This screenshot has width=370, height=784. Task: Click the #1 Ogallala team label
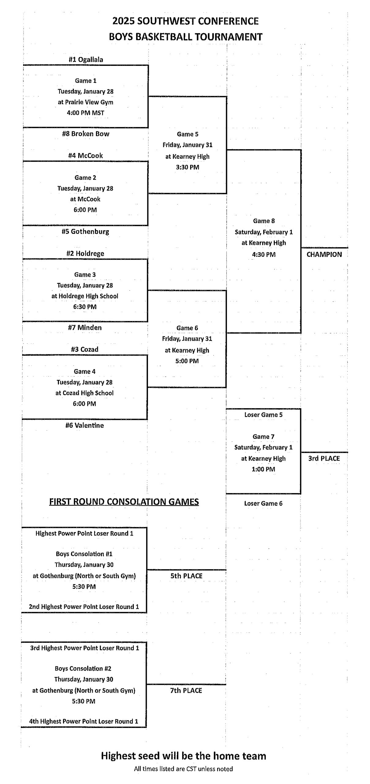(x=86, y=59)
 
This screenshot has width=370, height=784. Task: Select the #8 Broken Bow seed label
(x=86, y=134)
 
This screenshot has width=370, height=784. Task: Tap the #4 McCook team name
(x=85, y=156)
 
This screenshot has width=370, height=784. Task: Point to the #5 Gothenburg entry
(x=85, y=232)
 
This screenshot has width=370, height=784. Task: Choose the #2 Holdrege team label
(x=85, y=254)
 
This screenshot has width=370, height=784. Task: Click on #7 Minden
(x=85, y=328)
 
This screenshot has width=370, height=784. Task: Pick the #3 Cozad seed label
(x=85, y=349)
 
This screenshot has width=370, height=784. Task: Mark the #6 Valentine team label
(x=85, y=425)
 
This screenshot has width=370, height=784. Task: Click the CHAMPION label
(x=324, y=254)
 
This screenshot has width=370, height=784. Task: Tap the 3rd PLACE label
(x=324, y=458)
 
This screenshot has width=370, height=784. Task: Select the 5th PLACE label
(x=186, y=576)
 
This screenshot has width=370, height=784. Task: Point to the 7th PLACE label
(x=186, y=691)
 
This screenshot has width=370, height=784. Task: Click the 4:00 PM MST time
(x=85, y=113)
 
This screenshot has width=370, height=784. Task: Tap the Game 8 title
(x=264, y=221)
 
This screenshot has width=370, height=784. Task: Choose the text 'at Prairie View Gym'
(x=85, y=102)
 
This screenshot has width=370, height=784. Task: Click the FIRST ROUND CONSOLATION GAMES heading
(x=124, y=502)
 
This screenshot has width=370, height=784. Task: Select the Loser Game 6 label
(x=263, y=503)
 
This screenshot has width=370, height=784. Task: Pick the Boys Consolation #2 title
(x=84, y=669)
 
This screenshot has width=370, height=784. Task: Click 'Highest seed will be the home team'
(x=183, y=756)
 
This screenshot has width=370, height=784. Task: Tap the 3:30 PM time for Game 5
(x=187, y=167)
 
